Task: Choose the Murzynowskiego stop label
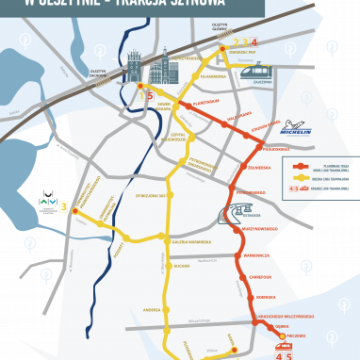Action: click(255, 228)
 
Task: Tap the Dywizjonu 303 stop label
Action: click(151, 194)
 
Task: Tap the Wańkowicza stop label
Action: click(256, 254)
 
